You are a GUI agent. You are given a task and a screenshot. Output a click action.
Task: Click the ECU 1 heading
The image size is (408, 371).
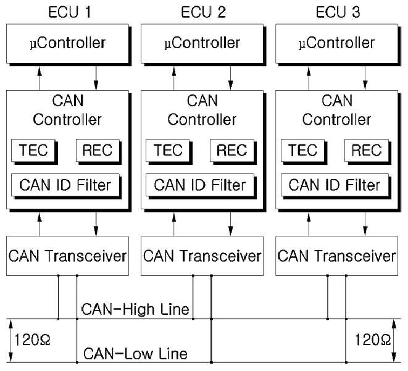70,12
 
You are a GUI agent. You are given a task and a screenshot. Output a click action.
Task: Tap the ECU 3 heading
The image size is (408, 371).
338,12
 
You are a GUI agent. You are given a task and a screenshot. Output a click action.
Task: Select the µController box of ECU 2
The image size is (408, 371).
202,44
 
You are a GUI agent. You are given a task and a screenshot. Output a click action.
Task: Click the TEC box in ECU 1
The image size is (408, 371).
33,150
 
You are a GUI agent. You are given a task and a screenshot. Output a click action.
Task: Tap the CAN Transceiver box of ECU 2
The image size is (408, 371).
202,256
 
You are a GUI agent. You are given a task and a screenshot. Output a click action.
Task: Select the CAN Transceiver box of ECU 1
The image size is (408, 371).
67,256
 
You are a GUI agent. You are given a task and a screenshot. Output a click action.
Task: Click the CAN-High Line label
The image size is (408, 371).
135,309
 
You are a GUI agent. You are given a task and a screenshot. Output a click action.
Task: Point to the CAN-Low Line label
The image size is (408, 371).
135,354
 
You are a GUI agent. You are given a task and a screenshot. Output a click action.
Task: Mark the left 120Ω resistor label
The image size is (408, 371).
32,340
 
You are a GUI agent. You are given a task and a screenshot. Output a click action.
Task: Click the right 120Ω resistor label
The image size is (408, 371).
372,340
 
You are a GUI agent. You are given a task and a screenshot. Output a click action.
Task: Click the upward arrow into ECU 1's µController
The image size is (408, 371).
40,78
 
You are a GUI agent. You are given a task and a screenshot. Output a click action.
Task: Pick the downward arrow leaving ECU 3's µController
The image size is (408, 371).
365,78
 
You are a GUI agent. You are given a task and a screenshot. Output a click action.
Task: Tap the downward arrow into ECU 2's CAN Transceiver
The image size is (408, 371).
230,224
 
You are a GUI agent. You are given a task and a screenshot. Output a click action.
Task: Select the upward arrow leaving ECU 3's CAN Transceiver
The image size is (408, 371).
309,224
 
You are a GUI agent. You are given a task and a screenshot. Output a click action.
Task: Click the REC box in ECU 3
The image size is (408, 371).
367,150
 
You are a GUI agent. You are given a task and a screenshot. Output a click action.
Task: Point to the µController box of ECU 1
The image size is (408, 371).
67,44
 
